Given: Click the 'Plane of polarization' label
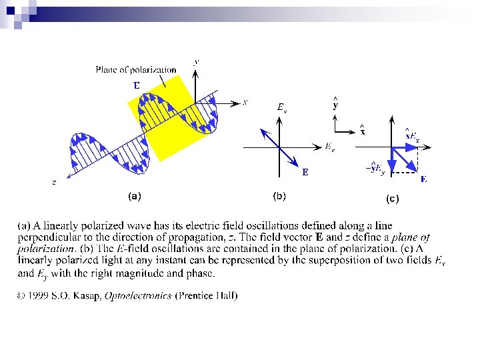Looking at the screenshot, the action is click(x=136, y=69).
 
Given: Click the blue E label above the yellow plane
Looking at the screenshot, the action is click(x=137, y=85).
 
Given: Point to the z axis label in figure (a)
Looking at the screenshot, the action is click(x=54, y=181).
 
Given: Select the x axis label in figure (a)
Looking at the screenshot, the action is click(x=245, y=102).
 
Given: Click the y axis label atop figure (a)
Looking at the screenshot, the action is click(x=195, y=61).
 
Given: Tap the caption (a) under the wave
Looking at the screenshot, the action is click(x=134, y=196).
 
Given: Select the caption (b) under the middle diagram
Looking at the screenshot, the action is click(x=279, y=196).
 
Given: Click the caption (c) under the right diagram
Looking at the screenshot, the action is click(x=392, y=198).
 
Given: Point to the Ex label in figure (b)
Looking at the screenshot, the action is click(x=330, y=147).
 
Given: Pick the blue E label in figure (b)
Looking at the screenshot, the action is click(x=305, y=172).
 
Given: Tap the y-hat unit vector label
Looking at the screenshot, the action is click(x=335, y=104).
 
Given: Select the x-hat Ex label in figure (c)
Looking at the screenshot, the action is click(x=412, y=137).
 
